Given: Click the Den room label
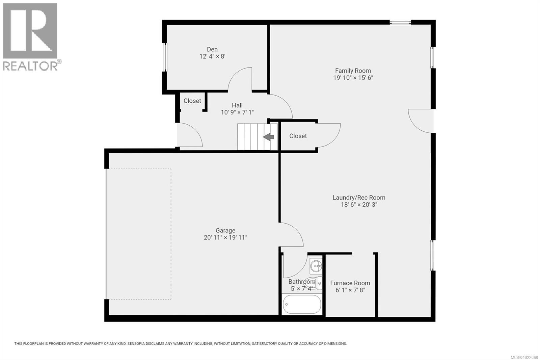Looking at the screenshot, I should coord(212,49).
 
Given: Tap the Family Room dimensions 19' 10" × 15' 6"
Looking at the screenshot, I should coord(353,78).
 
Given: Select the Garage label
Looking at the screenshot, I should coord(225,230).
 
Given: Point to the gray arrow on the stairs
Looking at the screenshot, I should coord(268,137).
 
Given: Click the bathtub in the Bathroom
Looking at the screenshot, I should coord(302,304).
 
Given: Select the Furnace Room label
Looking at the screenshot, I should coord(350,283).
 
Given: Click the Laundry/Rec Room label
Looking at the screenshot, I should coord(358,198).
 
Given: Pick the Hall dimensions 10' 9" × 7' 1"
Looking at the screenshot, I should coord(237,112).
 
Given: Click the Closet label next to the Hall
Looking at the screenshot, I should coord(192,101).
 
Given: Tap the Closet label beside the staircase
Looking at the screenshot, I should coord(298,136).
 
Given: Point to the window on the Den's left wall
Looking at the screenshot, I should coord(165,57).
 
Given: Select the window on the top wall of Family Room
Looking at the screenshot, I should coord(400,23).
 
